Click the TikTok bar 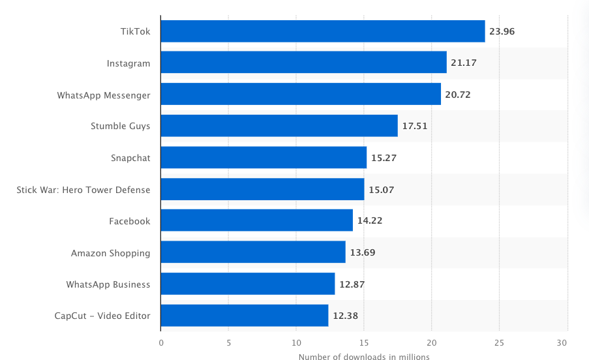coord(322,31)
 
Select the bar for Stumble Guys coord(279,126)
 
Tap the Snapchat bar coord(264,157)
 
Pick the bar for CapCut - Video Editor coord(245,316)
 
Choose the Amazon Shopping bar coord(253,252)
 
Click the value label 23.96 coord(502,31)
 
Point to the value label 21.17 coord(463,63)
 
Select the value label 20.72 coord(457,95)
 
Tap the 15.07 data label coord(381,190)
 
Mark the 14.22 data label coord(369,221)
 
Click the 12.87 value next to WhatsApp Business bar coord(352,284)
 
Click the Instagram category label coord(128,63)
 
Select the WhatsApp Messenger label coord(104,95)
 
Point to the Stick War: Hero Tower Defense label coord(83,190)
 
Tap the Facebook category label coord(130,221)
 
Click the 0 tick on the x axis coord(161,342)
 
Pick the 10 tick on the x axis coord(296,342)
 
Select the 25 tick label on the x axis coord(499,342)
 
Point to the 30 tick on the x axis coord(567,342)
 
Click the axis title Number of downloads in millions coord(364,356)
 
